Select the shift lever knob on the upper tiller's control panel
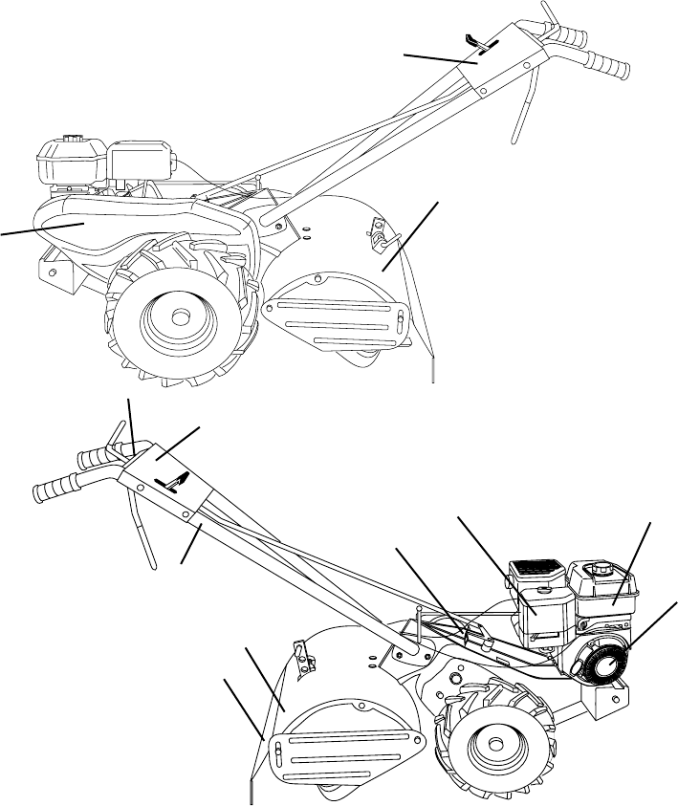473,39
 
